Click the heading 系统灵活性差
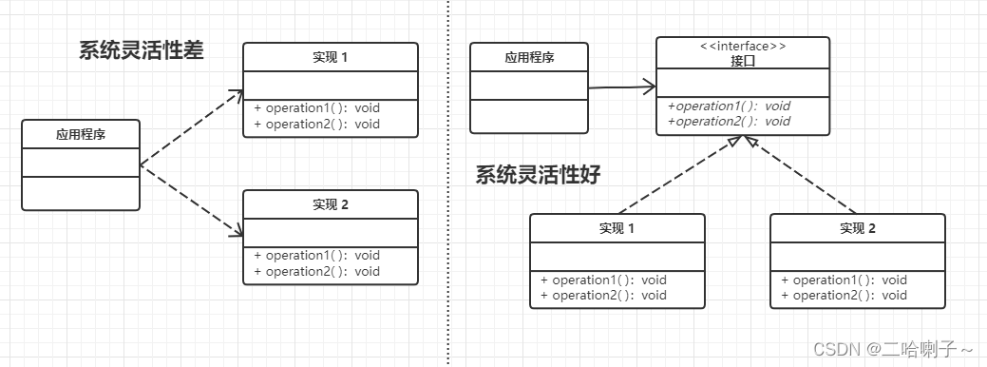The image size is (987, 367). click(x=141, y=51)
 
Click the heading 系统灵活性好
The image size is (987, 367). click(x=538, y=175)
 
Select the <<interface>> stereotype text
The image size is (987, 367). click(x=742, y=46)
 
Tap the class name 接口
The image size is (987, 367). click(x=742, y=60)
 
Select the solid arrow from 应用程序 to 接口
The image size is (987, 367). click(x=621, y=87)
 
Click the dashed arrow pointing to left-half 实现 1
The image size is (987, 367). click(x=191, y=126)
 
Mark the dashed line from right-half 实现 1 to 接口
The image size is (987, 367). click(x=676, y=178)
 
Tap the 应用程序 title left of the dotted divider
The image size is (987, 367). click(x=81, y=135)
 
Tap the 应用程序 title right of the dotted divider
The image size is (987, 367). click(x=529, y=58)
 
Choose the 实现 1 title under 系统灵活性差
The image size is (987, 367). click(x=330, y=57)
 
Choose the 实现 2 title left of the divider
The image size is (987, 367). click(x=330, y=204)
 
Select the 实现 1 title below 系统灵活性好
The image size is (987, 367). click(x=617, y=228)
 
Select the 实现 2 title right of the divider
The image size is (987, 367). click(x=857, y=228)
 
